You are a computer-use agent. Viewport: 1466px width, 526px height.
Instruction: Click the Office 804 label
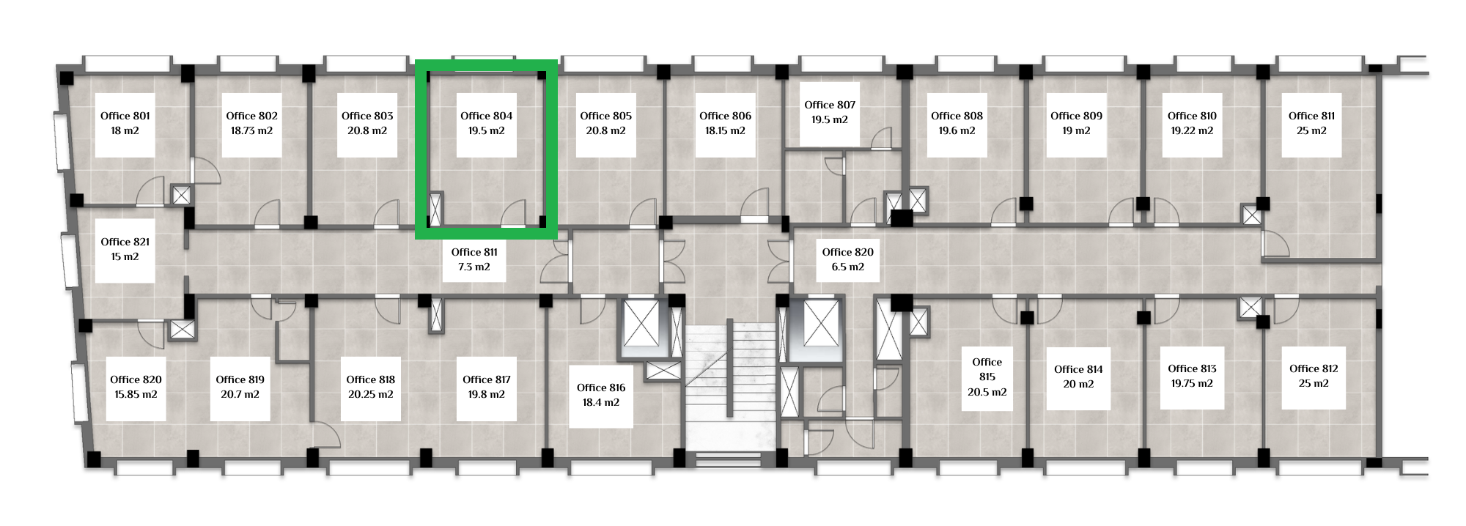(486, 116)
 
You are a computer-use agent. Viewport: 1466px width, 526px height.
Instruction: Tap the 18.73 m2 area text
(251, 130)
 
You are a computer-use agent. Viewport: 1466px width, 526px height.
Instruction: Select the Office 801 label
(125, 116)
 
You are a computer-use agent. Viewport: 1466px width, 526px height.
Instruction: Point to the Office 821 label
(125, 242)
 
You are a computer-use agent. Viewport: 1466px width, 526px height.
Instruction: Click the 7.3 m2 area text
(474, 267)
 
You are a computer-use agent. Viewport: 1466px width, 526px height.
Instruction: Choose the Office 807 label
(830, 105)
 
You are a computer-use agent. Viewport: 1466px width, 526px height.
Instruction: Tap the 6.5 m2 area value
(848, 267)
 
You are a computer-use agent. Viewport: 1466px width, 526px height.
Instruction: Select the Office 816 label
(601, 388)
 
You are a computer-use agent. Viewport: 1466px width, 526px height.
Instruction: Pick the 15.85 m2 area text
(136, 394)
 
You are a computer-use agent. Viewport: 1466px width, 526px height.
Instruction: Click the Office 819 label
(240, 379)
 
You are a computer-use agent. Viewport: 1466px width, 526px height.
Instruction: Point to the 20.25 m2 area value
(371, 394)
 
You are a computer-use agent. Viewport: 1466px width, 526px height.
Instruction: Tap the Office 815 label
(987, 369)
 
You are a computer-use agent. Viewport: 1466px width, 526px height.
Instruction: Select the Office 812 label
(1314, 368)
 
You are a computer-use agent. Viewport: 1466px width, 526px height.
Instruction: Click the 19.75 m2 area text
(1192, 383)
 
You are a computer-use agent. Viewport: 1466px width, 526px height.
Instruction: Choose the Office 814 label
(1078, 369)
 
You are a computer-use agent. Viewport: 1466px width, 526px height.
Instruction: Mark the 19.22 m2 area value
(1192, 130)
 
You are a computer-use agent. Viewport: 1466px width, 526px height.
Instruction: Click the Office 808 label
(957, 116)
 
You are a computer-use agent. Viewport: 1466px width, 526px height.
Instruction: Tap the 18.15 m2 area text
(725, 130)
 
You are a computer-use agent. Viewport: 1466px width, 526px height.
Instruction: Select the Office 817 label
(487, 379)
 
